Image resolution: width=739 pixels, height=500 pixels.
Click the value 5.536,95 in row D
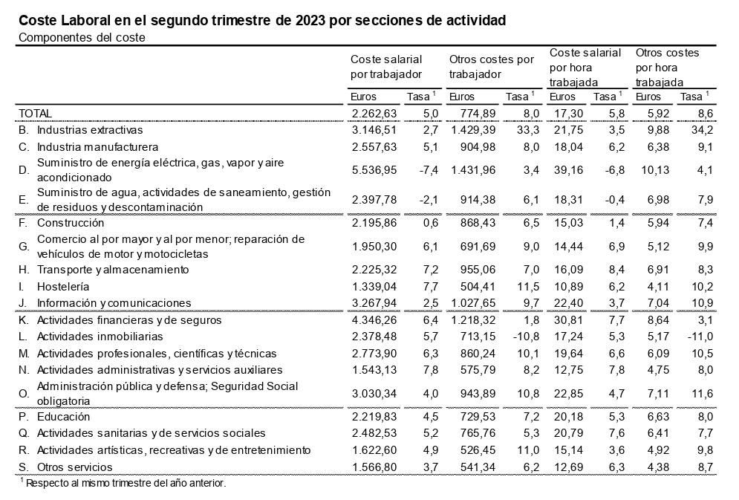[x=374, y=170]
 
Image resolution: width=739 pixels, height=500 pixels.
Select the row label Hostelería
[x=63, y=286]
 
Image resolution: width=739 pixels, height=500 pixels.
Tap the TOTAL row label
[x=35, y=113]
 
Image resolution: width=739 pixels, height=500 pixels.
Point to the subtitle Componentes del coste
[x=82, y=37]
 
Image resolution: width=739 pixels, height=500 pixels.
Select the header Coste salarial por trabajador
[x=386, y=66]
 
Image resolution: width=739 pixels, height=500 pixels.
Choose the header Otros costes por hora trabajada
[x=667, y=68]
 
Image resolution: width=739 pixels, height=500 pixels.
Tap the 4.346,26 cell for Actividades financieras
[x=374, y=320]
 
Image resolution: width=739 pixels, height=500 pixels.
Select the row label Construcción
[x=71, y=223]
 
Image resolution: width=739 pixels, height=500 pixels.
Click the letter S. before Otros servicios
[x=24, y=467]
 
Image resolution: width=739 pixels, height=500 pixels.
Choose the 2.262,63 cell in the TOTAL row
[x=374, y=113]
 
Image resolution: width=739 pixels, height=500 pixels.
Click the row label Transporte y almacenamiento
[x=113, y=269]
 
